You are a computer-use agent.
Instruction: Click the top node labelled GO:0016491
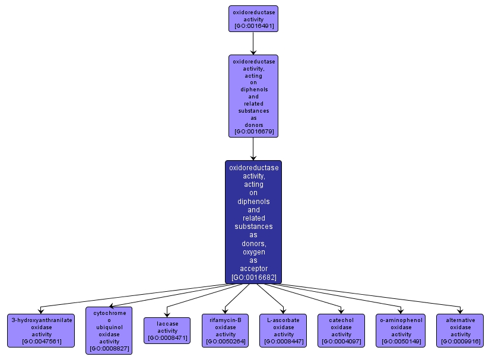253,18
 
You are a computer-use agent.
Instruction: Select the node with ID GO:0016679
253,96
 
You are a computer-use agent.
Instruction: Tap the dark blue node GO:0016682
253,222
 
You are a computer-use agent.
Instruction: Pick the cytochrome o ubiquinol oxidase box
109,330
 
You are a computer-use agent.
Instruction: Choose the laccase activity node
167,330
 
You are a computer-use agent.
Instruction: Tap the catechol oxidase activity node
341,330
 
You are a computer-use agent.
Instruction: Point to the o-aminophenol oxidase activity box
401,330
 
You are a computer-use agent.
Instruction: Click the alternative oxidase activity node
461,330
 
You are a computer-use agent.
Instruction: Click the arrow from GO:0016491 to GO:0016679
253,43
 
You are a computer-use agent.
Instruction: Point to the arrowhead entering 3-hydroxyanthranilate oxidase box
40,311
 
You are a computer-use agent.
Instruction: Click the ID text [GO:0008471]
167,338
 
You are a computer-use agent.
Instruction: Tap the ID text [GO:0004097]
341,342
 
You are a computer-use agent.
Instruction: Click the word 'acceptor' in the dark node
253,269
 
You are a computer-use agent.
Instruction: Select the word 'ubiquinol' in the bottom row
109,327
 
